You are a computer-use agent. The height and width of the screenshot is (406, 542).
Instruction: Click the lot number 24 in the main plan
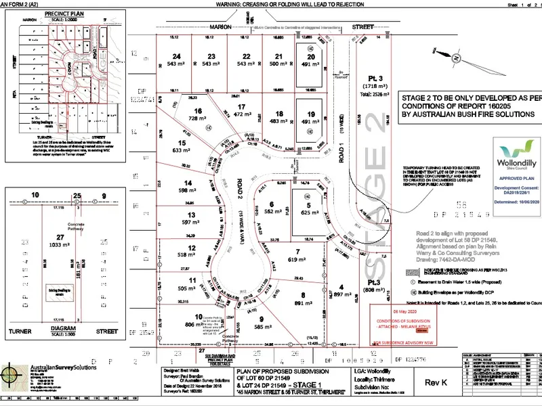[177, 56]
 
